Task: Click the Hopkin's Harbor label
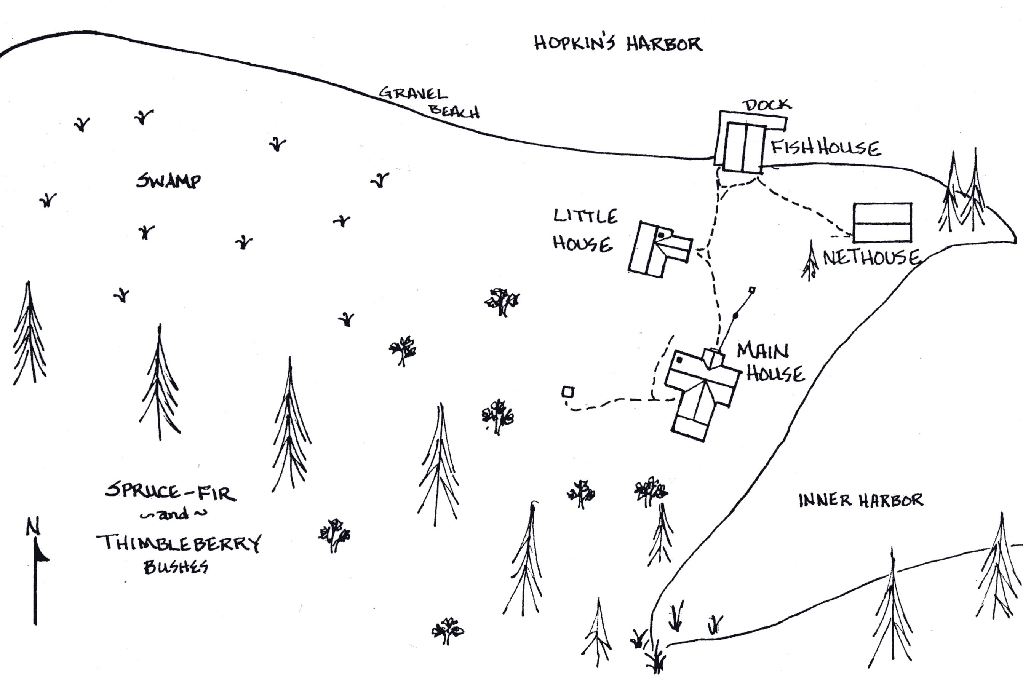pos(618,44)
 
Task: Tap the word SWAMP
pos(168,181)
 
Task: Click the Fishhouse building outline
pos(743,148)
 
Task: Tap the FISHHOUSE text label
pos(825,148)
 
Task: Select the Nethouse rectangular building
pos(882,223)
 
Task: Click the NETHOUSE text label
pos(871,258)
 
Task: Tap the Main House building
pos(701,391)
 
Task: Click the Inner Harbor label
pos(861,500)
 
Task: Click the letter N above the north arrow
pos(33,527)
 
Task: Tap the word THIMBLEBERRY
pos(179,543)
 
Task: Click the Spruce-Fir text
pos(170,492)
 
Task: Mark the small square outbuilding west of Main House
pos(568,392)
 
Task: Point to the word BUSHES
pos(176,567)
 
